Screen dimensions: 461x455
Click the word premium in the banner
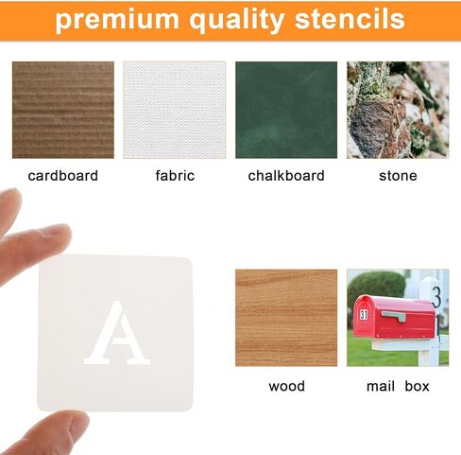[x=117, y=20]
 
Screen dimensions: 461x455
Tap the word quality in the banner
[x=236, y=20]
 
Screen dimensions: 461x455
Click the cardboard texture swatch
[x=63, y=110]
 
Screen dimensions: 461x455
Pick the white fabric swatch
[x=175, y=110]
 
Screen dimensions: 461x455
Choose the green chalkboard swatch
[x=286, y=110]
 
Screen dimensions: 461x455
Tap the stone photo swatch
[x=398, y=110]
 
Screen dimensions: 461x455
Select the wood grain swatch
[x=286, y=318]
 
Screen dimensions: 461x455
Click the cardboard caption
[x=63, y=176]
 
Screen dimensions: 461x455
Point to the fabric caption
[x=175, y=176]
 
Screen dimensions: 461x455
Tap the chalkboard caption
[x=286, y=176]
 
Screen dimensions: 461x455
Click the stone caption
[x=398, y=176]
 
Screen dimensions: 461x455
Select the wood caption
[x=286, y=386]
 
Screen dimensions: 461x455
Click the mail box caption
[x=398, y=386]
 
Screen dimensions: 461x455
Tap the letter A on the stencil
[x=116, y=333]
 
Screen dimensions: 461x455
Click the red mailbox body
[x=394, y=317]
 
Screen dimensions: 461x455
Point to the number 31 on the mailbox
[x=364, y=315]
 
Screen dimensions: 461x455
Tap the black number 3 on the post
[x=436, y=297]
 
